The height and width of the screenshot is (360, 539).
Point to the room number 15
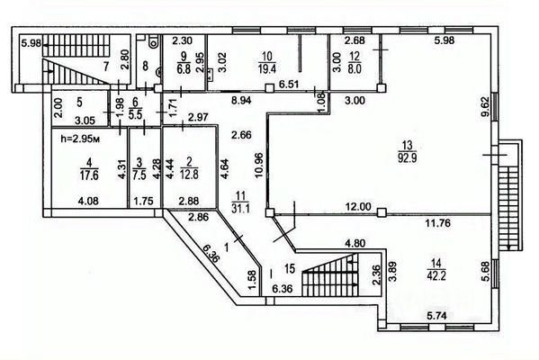(290, 268)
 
